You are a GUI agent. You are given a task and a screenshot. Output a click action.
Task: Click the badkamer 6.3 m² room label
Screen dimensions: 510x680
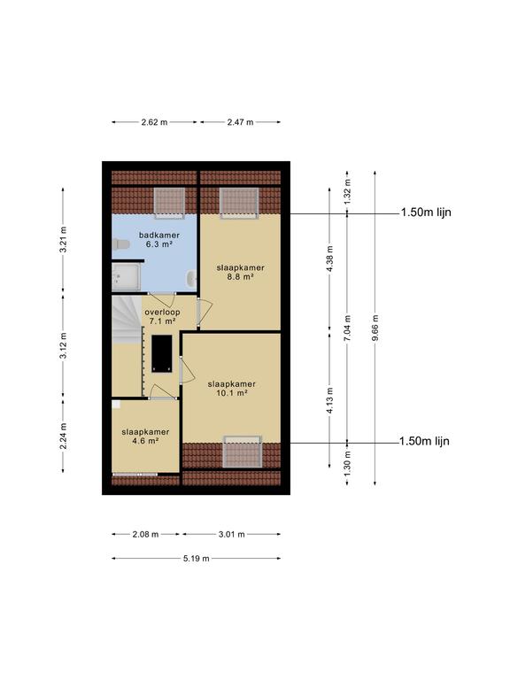(x=158, y=240)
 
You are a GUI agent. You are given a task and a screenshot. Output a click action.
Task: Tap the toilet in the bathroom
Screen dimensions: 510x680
(x=120, y=244)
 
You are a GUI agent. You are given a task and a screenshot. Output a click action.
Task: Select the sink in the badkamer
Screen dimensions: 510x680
(x=191, y=278)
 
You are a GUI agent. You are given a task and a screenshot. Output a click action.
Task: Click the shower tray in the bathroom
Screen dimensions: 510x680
(x=126, y=277)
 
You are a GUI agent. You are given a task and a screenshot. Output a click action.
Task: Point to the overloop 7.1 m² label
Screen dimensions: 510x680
(x=162, y=317)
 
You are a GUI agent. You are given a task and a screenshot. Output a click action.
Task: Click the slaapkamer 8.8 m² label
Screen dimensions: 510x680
(x=240, y=272)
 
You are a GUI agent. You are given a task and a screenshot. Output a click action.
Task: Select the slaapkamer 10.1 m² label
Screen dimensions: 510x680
(x=232, y=389)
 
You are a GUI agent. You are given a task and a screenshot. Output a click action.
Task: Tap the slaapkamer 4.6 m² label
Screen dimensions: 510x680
(x=145, y=437)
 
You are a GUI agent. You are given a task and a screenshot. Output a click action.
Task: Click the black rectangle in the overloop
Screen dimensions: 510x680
(x=161, y=353)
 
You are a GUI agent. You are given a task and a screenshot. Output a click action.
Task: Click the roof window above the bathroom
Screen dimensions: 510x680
(x=169, y=203)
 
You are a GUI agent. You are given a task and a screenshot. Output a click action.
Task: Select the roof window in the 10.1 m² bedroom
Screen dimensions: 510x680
(x=243, y=452)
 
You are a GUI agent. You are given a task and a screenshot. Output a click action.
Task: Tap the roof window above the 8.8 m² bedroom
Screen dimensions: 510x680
(x=239, y=203)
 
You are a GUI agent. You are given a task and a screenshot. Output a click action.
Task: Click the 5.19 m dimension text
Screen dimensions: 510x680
(x=196, y=559)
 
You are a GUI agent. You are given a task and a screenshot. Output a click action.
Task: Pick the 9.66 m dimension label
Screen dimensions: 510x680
(x=375, y=328)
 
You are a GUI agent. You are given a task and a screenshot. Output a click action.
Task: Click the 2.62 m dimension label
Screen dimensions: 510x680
(x=154, y=122)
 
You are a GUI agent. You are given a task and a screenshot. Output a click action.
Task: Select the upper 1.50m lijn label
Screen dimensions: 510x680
(x=426, y=212)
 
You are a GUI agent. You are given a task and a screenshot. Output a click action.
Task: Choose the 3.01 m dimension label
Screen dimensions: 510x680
(x=232, y=534)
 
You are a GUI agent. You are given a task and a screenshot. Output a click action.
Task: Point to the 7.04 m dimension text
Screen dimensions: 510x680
(x=347, y=328)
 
